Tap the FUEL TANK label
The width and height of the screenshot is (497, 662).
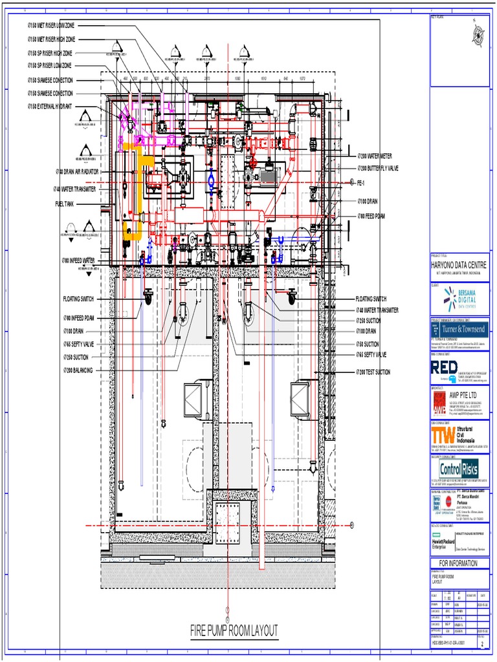coord(66,203)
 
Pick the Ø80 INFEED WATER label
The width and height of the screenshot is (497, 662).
coord(79,261)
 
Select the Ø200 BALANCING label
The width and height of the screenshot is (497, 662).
coord(78,370)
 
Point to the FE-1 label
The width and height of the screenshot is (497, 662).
coord(363,183)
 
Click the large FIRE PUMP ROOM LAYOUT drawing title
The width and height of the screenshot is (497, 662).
coord(234,630)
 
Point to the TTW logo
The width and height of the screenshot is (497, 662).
coord(444,434)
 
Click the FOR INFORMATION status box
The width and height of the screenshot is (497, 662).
coord(459,563)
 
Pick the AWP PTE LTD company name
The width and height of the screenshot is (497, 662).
coord(468,394)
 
